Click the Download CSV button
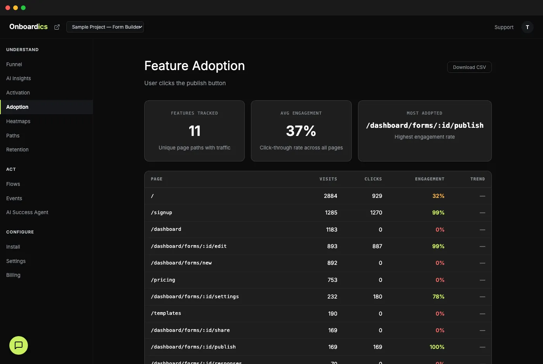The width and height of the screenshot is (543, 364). (469, 67)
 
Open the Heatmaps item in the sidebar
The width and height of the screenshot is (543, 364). (18, 121)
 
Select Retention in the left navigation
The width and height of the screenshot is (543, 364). (17, 149)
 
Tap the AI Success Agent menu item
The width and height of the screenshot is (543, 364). (27, 212)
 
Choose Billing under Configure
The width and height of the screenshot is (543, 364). (13, 275)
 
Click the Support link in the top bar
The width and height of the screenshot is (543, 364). (504, 27)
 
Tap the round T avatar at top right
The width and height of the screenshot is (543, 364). (527, 27)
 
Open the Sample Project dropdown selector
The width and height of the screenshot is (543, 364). (105, 27)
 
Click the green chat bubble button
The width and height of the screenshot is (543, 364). (19, 345)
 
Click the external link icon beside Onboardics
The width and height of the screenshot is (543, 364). (57, 27)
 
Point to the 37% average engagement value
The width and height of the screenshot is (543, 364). (301, 131)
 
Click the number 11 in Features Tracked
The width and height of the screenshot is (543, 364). (194, 131)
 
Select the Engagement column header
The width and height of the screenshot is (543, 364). (429, 179)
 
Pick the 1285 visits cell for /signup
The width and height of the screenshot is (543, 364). (331, 213)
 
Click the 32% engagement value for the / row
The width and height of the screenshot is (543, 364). (438, 196)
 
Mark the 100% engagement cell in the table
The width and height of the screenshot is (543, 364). (437, 347)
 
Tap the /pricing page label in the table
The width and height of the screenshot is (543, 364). (163, 280)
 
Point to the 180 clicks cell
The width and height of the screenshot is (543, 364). (377, 297)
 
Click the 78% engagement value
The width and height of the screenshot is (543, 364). (438, 297)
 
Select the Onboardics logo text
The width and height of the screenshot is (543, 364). (28, 27)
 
